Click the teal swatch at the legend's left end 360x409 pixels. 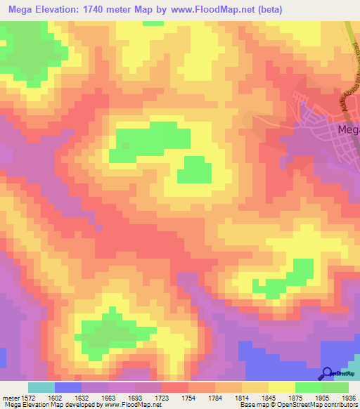pyautogui.click(x=41, y=387)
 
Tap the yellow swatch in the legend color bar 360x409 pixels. pyautogui.click(x=281, y=387)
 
